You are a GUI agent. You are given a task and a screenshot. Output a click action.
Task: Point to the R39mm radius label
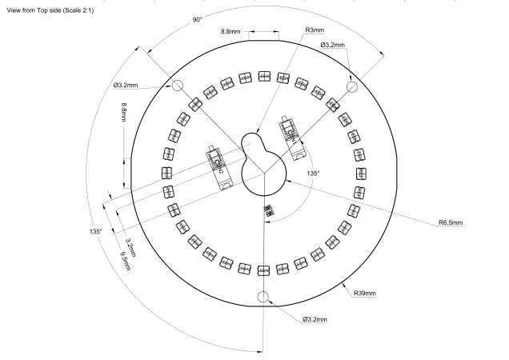pos(364,294)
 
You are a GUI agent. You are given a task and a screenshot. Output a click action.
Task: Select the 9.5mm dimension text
pos(124,261)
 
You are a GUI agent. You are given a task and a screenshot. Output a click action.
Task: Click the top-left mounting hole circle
pos(177,86)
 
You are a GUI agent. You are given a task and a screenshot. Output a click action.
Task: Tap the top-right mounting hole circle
pos(351,86)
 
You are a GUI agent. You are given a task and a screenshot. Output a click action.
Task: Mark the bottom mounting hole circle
pos(263,297)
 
